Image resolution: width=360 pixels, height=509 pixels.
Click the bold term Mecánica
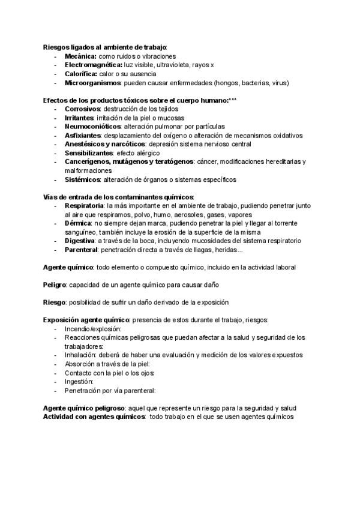coord(80,56)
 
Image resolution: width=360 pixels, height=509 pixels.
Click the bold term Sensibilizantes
coord(89,153)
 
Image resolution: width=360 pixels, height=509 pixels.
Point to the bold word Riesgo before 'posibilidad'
coord(54,302)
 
